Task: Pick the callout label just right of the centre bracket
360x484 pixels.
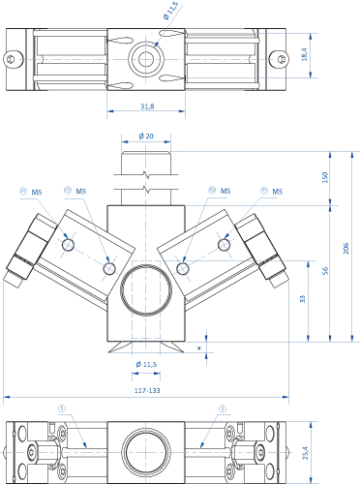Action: tap(216, 193)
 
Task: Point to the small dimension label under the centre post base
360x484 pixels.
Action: tap(145, 366)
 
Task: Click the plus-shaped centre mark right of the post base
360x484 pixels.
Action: tap(206, 345)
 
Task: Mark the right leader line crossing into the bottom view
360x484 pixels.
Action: tap(208, 426)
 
